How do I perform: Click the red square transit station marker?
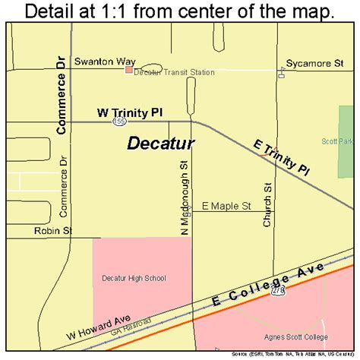click(128, 69)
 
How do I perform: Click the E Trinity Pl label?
click(282, 158)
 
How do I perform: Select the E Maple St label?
click(226, 206)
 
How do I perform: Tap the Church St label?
click(267, 204)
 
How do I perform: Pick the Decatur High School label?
click(134, 278)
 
